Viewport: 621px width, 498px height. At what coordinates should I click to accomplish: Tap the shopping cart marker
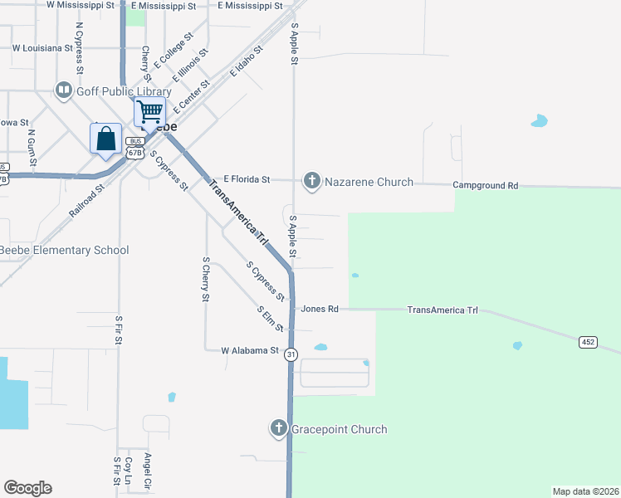[149, 111]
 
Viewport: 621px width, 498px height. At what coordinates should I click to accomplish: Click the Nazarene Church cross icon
[312, 180]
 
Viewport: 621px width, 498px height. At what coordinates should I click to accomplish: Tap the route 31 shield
[291, 354]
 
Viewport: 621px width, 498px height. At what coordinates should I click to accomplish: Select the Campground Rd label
[485, 186]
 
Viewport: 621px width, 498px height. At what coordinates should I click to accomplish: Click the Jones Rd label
[320, 309]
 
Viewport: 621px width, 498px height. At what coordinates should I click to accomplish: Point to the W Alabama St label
[250, 351]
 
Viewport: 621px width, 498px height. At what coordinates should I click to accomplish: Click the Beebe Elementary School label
[64, 250]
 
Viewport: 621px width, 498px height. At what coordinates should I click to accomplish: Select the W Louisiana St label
[48, 48]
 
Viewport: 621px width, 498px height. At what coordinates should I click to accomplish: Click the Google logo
[27, 488]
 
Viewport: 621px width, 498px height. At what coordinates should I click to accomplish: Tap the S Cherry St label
[206, 279]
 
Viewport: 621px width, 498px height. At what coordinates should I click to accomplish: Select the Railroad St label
[87, 200]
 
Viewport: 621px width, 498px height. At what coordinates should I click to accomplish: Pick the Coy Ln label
[129, 471]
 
